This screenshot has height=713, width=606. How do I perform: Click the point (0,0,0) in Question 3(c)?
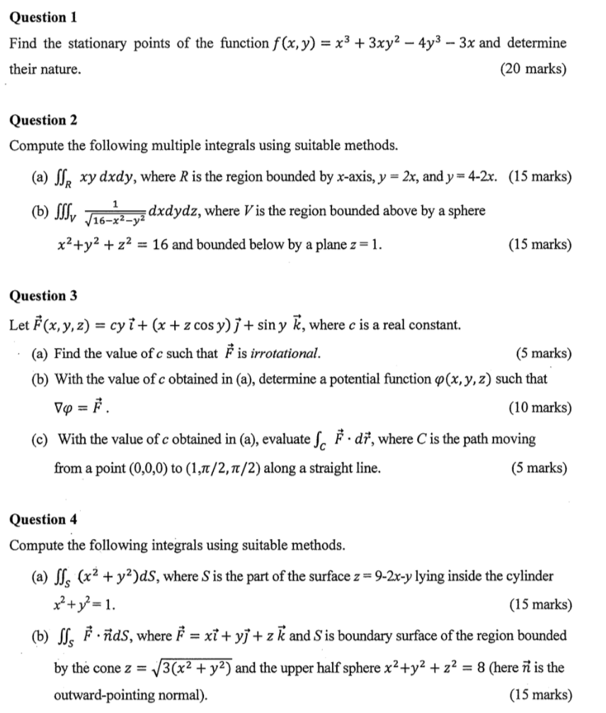239,468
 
